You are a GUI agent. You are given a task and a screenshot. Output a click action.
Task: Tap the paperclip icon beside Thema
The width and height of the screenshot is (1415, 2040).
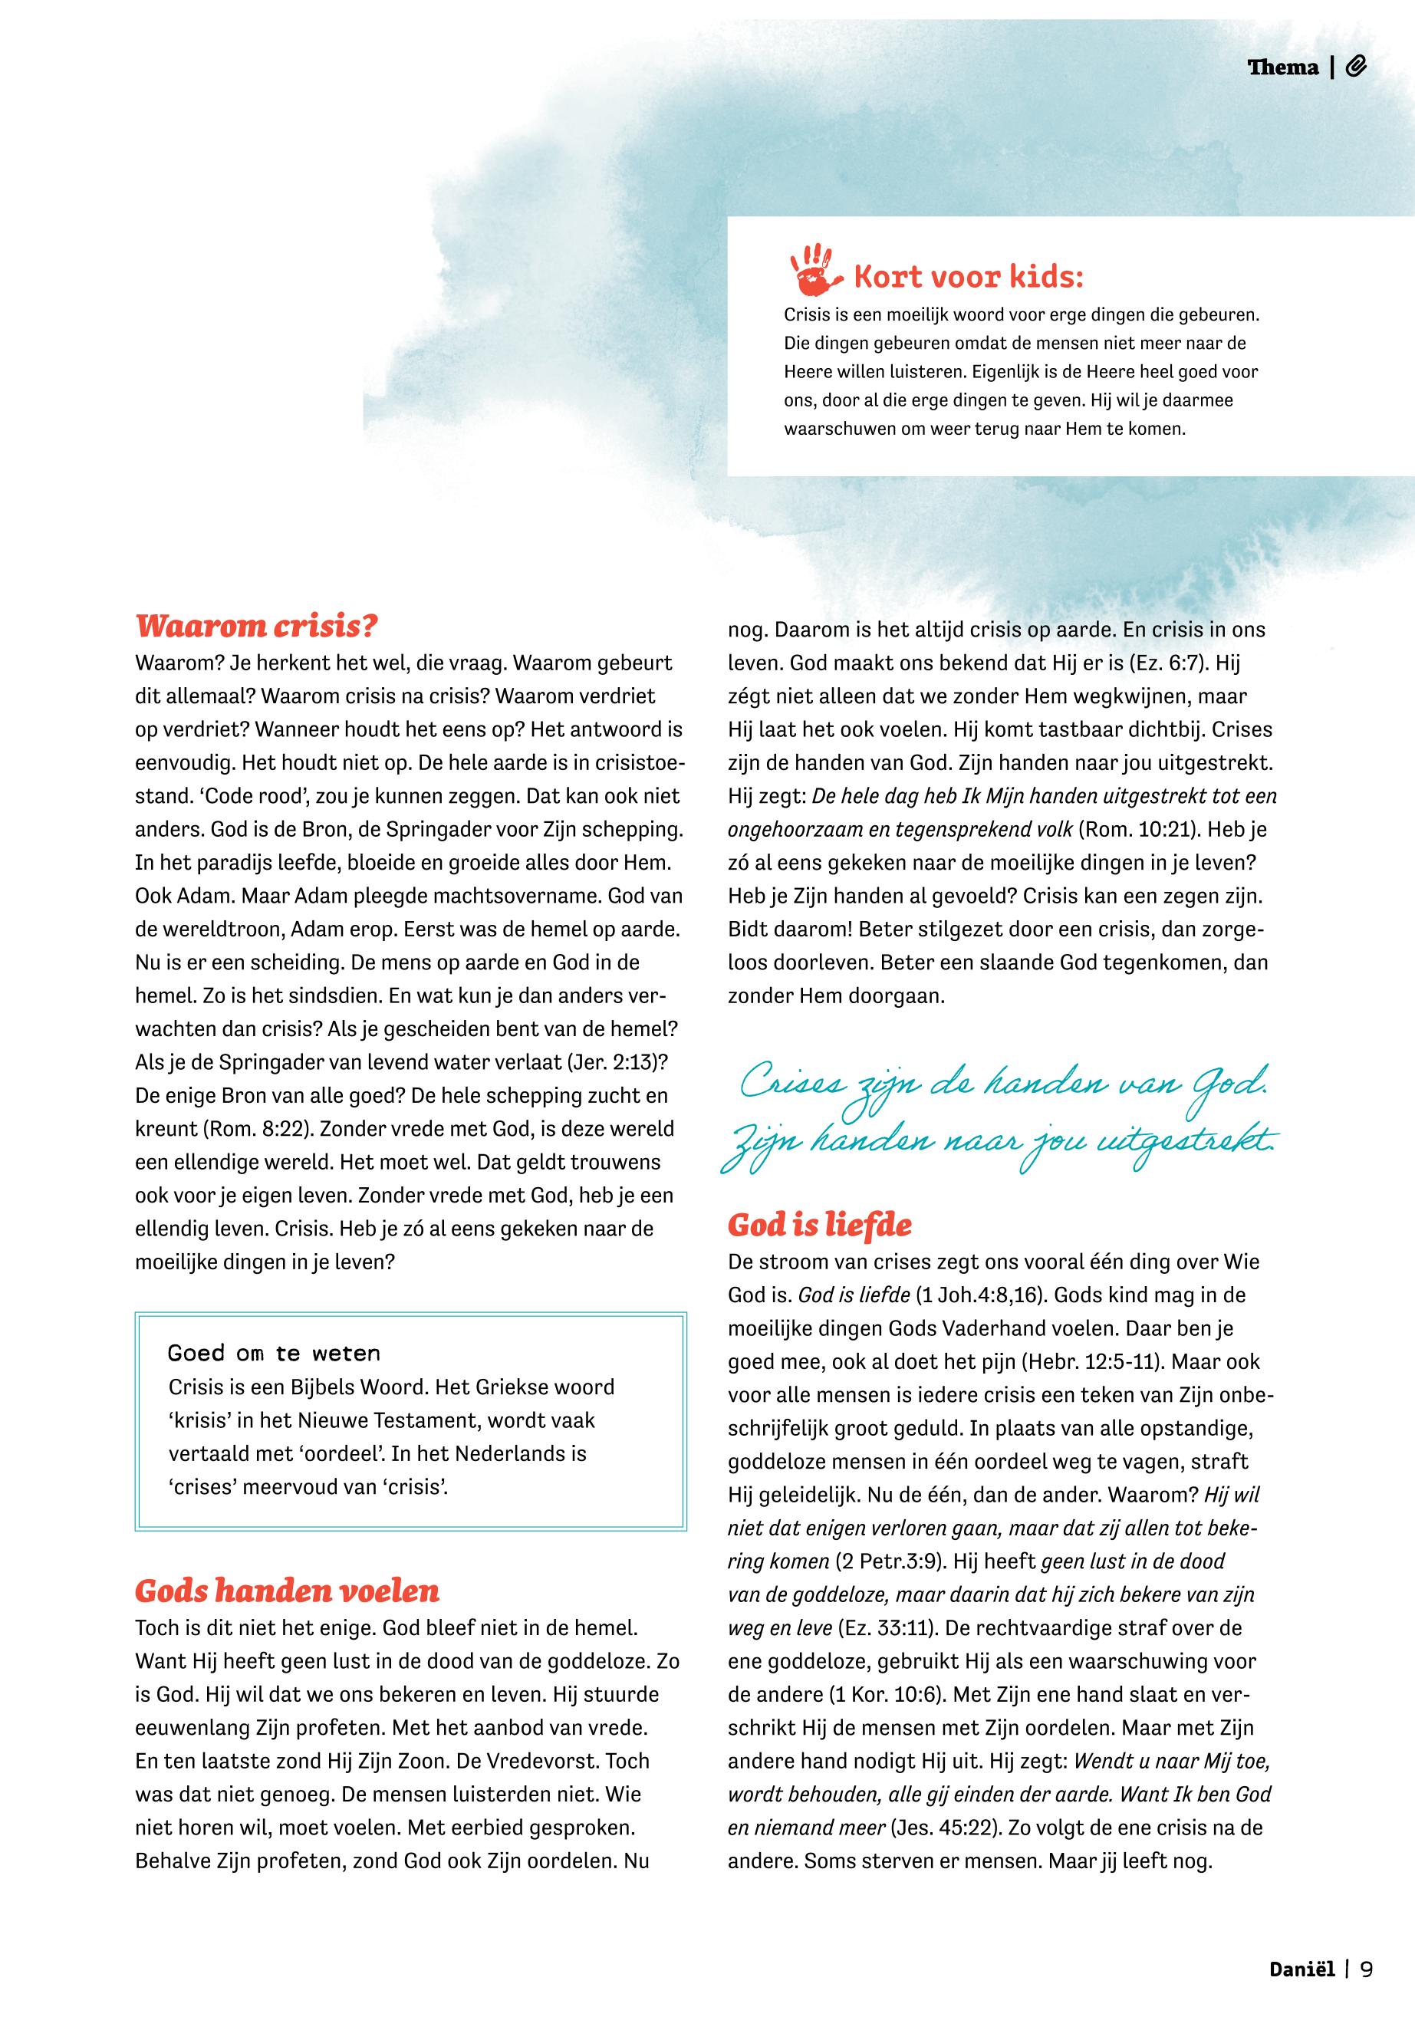pos(1356,67)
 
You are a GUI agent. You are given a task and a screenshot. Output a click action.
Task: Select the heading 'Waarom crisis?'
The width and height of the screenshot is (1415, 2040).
pos(256,627)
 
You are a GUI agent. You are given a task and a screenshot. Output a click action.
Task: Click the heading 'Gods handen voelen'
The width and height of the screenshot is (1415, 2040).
pos(286,1591)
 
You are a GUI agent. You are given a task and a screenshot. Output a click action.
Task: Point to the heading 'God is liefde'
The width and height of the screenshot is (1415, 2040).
pos(819,1226)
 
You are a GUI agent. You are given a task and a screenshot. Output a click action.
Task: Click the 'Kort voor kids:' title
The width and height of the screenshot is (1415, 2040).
pos(967,278)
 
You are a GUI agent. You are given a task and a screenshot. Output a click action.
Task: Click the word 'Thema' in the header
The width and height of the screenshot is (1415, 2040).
pos(1283,67)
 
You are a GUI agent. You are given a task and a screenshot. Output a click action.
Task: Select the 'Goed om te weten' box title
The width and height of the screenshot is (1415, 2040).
pos(273,1354)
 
